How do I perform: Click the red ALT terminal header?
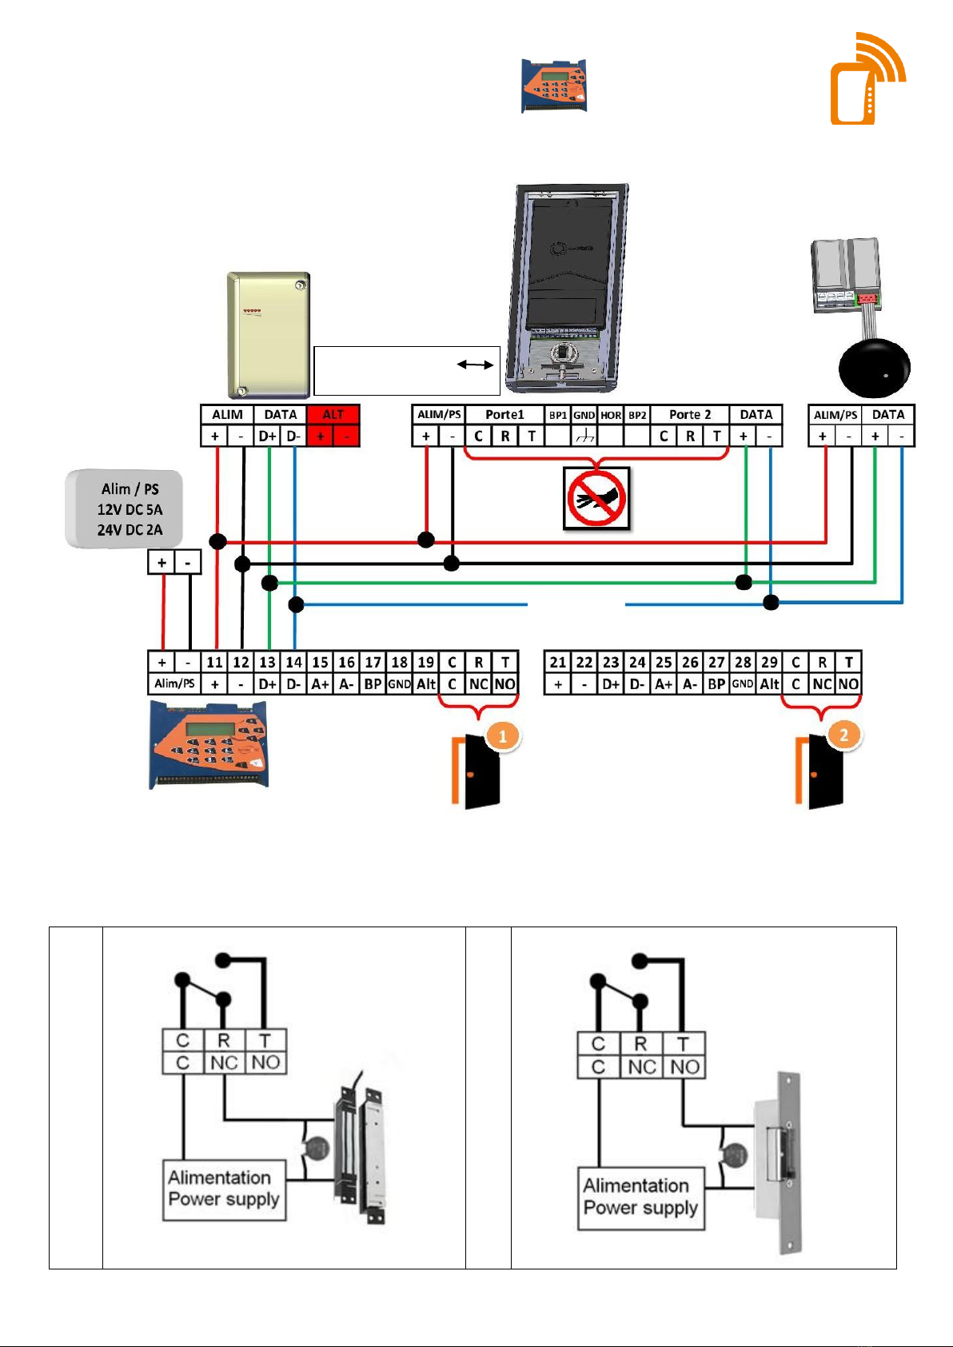[x=333, y=414]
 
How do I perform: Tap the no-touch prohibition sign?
[x=596, y=498]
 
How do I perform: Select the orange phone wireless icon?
[x=867, y=78]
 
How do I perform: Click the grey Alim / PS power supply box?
[x=124, y=508]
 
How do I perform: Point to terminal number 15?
[x=320, y=662]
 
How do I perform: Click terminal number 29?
[x=769, y=662]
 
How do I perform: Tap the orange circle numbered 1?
[x=503, y=735]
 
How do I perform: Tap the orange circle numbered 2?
[x=843, y=735]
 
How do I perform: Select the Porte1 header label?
[x=504, y=414]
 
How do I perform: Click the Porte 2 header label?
[x=690, y=414]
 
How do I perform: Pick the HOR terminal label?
[x=611, y=415]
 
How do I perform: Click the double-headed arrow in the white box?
[x=475, y=365]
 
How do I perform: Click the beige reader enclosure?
[x=269, y=335]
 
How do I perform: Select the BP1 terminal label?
[x=557, y=415]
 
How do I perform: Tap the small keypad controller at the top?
[x=553, y=86]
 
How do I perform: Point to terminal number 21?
[x=557, y=662]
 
